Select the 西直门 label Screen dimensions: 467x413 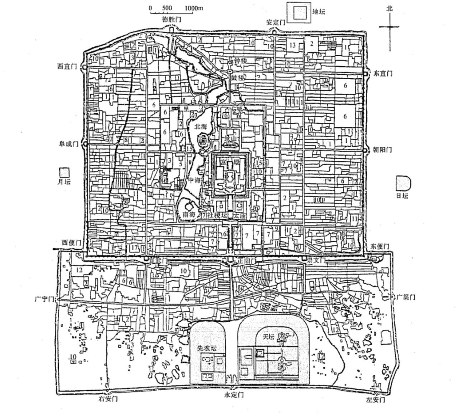(67, 66)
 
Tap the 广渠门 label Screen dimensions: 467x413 (406, 298)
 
